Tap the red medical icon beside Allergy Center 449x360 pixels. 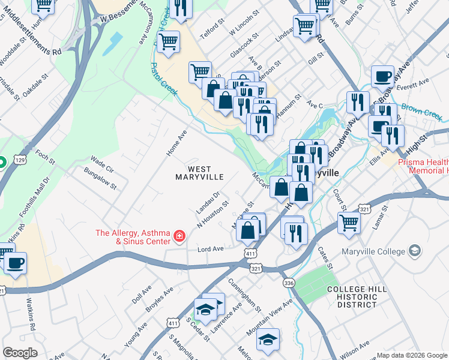178,238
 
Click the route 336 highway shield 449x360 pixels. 289,283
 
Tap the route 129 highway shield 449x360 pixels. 20,161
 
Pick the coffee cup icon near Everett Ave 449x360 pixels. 382,77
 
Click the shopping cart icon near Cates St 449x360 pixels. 349,222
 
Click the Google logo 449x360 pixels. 20,353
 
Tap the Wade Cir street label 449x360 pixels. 101,162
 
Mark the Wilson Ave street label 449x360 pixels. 357,347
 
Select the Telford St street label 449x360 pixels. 211,32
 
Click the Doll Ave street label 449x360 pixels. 142,294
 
